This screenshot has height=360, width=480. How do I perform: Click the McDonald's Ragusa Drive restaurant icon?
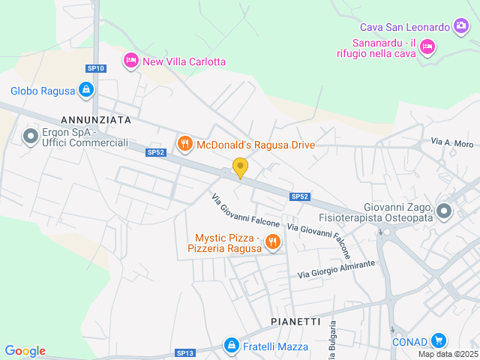[x=184, y=142]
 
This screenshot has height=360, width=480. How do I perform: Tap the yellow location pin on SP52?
[x=240, y=167]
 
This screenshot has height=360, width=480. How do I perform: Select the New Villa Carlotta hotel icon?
[x=131, y=60]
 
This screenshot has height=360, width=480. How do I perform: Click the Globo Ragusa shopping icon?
[x=86, y=91]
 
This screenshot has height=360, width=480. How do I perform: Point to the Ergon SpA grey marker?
[x=31, y=136]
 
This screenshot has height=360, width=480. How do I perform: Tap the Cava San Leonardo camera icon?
[x=462, y=27]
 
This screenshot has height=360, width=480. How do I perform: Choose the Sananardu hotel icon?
[x=427, y=47]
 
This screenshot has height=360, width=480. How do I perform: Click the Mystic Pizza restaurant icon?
[x=272, y=241]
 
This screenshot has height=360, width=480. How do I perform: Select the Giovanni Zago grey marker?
[x=443, y=211]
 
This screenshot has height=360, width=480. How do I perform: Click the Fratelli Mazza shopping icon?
[x=232, y=346]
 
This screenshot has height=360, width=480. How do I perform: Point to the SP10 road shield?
[x=96, y=68]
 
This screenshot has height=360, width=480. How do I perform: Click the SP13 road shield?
[x=185, y=352]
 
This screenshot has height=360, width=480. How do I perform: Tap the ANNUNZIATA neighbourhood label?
[x=96, y=119]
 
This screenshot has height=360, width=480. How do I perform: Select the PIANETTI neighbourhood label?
[x=296, y=321]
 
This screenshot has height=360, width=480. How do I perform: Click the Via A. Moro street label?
[x=452, y=142]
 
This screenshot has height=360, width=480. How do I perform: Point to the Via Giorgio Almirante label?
[x=336, y=269]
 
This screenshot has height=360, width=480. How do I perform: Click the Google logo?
[x=25, y=351]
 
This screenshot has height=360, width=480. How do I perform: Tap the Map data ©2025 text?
[x=448, y=354]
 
